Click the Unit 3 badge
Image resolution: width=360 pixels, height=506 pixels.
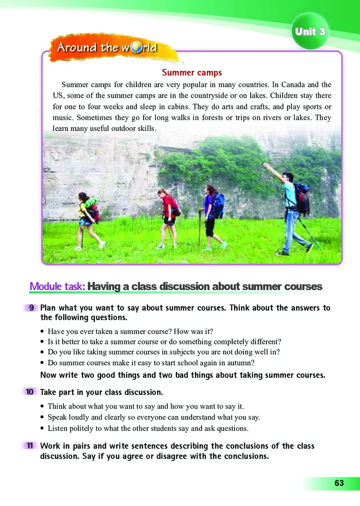pyautogui.click(x=310, y=32)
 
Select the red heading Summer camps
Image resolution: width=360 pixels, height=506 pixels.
pyautogui.click(x=192, y=72)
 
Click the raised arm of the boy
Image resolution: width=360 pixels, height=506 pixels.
pyautogui.click(x=274, y=173)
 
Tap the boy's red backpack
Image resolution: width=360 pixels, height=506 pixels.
pyautogui.click(x=302, y=198)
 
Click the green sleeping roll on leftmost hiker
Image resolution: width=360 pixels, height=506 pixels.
pyautogui.click(x=91, y=203)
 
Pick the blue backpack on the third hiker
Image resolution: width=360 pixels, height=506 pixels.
pyautogui.click(x=218, y=206)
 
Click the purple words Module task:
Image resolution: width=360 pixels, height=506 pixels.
pyautogui.click(x=57, y=286)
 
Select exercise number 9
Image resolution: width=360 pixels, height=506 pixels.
pyautogui.click(x=31, y=308)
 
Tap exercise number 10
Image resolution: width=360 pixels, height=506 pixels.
pyautogui.click(x=30, y=392)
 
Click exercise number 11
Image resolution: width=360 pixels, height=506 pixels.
pyautogui.click(x=30, y=446)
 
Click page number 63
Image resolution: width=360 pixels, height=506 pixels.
pyautogui.click(x=339, y=483)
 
